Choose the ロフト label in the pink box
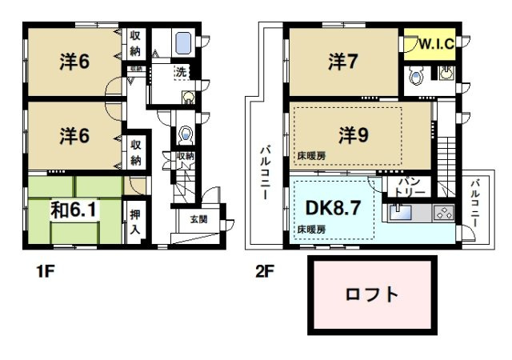371,294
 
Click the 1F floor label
44,272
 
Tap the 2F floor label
264,272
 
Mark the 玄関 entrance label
198,218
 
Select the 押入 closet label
135,221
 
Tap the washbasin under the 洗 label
188,98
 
